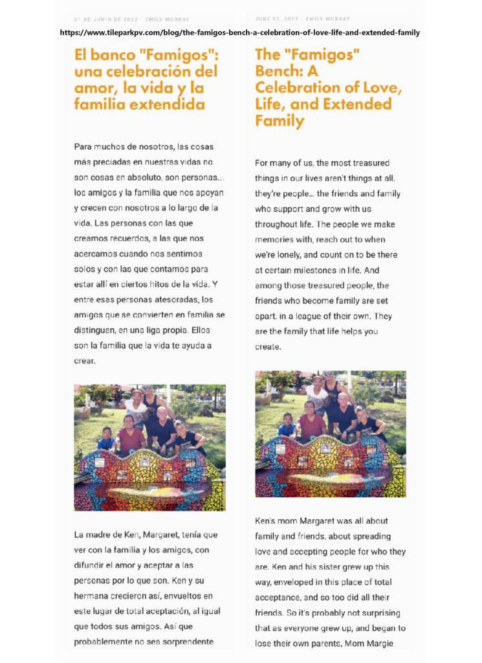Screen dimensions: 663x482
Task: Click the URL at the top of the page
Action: (x=240, y=32)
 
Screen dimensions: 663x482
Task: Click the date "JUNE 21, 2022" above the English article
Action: (x=276, y=19)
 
